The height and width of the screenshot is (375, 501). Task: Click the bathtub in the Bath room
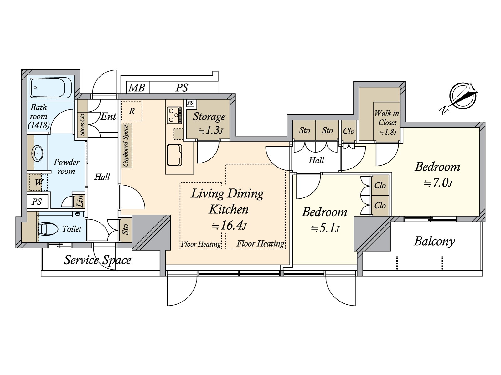coord(51,88)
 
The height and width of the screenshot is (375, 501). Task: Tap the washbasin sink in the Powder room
coord(38,153)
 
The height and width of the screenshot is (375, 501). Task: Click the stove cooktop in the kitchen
coord(174,114)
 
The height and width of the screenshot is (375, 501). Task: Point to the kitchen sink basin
coord(174,155)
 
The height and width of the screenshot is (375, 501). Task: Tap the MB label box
coord(137,88)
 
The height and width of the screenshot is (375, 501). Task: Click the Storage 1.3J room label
coord(209,123)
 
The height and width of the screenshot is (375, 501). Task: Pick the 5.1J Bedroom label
coord(324,220)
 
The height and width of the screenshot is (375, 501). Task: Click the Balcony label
coord(434,241)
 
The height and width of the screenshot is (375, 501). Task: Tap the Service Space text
coord(97,260)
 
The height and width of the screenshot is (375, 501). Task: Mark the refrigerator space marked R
coord(132,111)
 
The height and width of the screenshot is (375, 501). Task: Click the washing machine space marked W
coord(39,182)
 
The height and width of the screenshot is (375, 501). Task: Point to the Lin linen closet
coord(80,201)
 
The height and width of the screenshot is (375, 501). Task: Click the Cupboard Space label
coord(126,146)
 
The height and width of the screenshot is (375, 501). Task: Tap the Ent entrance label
coord(108,117)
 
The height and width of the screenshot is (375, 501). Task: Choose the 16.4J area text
coord(229,226)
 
